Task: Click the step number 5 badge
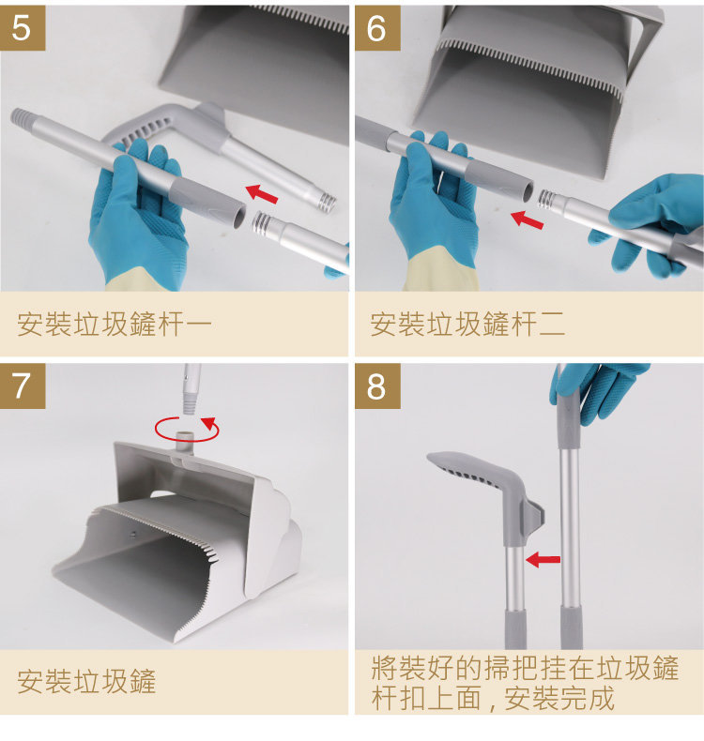23,28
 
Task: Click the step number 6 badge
377,28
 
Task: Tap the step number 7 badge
23,386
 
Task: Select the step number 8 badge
377,386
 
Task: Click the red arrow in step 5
262,194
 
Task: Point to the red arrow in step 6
528,219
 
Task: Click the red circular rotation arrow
187,429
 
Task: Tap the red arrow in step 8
543,560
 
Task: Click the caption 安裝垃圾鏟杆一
114,325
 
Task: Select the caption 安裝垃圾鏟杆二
467,325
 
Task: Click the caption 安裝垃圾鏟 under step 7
86,681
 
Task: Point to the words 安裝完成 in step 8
559,698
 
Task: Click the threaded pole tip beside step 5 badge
22,117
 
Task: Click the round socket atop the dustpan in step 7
185,442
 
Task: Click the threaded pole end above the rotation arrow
190,401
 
